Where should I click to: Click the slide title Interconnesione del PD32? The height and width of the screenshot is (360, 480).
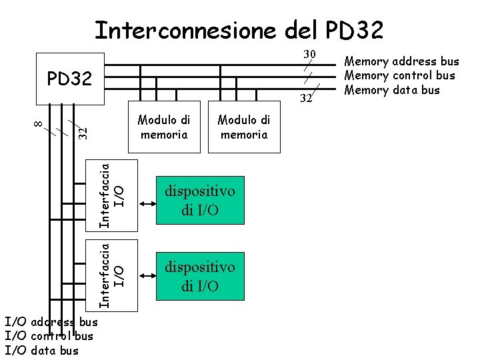(x=238, y=30)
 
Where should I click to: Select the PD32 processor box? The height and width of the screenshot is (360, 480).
(x=70, y=79)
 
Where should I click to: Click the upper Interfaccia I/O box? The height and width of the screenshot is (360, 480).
(x=113, y=196)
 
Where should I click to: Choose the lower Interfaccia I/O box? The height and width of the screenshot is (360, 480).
(x=113, y=275)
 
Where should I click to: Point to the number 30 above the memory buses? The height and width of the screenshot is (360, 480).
(x=309, y=54)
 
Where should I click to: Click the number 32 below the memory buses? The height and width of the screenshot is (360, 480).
(x=306, y=99)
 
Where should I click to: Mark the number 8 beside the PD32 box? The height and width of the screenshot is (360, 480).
(x=39, y=123)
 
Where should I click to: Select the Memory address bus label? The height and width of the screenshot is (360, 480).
(x=401, y=62)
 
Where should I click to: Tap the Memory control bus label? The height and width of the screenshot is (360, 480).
(x=399, y=76)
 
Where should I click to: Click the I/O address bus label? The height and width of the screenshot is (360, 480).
(x=51, y=323)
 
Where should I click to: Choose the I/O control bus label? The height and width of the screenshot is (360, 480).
(x=49, y=337)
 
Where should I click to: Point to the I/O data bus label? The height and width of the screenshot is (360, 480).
(x=41, y=351)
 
